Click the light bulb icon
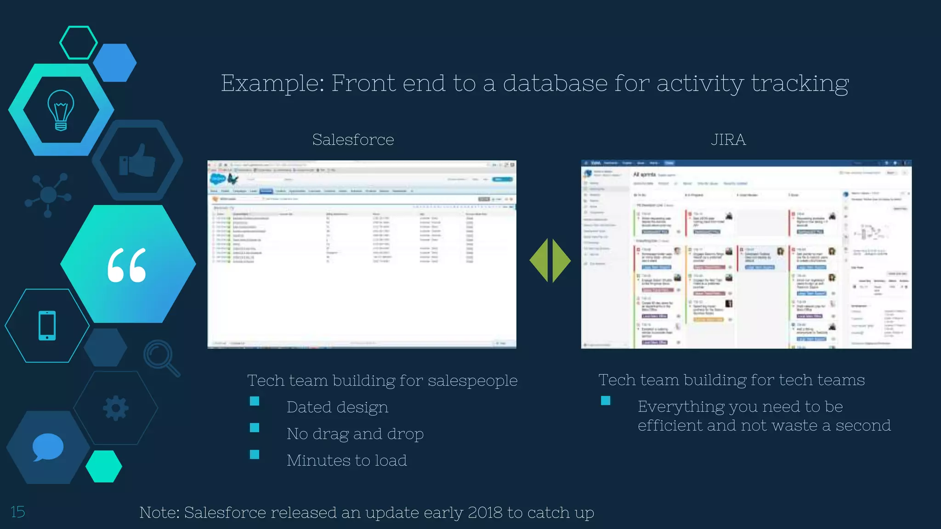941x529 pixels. pyautogui.click(x=61, y=110)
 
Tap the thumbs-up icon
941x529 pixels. pyautogui.click(x=137, y=161)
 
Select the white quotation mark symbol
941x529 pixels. pyautogui.click(x=127, y=265)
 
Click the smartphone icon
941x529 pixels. pyautogui.click(x=47, y=326)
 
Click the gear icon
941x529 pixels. pyautogui.click(x=115, y=408)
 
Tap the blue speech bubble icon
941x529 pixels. pyautogui.click(x=48, y=447)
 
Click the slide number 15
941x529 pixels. pyautogui.click(x=17, y=512)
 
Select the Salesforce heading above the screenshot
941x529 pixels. pyautogui.click(x=353, y=140)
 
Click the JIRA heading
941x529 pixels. pyautogui.click(x=728, y=140)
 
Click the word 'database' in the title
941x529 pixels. pyautogui.click(x=555, y=83)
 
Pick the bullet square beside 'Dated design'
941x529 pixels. pyautogui.click(x=255, y=401)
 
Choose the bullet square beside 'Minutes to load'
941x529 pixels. pyautogui.click(x=255, y=455)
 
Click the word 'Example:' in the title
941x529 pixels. pyautogui.click(x=272, y=83)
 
